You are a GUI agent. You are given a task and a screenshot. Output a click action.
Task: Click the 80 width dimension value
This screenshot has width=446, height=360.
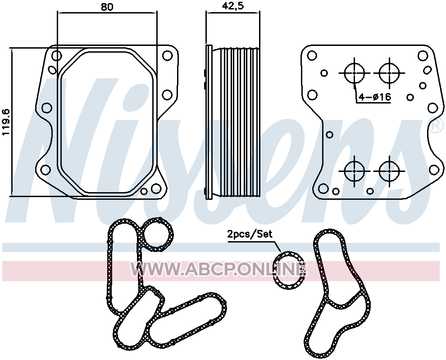(107, 7)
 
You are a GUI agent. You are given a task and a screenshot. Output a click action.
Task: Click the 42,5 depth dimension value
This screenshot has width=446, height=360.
(232, 6)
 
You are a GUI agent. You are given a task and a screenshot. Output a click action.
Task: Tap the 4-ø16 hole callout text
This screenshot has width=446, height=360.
(375, 97)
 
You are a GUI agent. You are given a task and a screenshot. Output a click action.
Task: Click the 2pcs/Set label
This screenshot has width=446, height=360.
(250, 234)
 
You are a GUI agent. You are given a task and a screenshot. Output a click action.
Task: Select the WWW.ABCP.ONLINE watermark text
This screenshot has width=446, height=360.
(218, 269)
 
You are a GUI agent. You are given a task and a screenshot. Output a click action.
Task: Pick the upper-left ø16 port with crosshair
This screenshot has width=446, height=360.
(355, 73)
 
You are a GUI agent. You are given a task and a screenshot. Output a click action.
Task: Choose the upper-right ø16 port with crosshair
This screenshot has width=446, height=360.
(389, 73)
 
